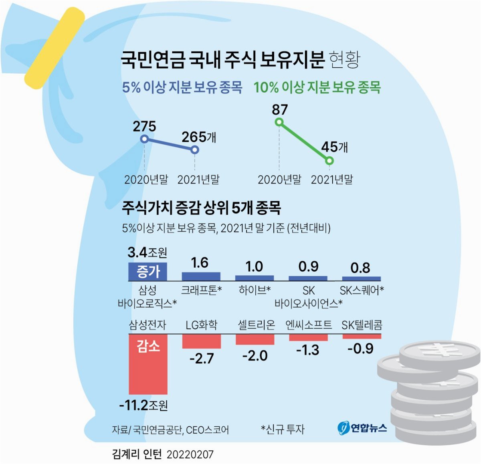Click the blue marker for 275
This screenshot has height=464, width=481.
[145, 139]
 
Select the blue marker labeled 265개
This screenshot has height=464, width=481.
[195, 150]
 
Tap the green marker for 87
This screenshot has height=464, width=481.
[279, 122]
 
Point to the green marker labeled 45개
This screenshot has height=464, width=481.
[329, 161]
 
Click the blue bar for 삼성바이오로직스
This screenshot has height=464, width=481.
[148, 272]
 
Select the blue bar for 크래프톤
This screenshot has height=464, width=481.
[201, 276]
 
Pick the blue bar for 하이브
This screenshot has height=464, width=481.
[255, 278]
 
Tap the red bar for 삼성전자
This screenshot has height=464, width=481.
[148, 365]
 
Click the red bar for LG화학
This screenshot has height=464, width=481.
[202, 341]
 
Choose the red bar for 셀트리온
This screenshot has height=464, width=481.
[255, 340]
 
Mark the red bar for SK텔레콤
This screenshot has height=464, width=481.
[362, 337]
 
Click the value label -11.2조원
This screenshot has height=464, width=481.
[143, 405]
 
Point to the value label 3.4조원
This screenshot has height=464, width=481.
[148, 252]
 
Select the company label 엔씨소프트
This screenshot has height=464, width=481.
[309, 325]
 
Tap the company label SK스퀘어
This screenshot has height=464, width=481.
[362, 291]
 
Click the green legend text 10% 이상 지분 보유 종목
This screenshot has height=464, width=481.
[317, 87]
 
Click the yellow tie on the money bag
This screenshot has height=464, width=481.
[55, 48]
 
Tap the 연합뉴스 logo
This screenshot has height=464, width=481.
[362, 428]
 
